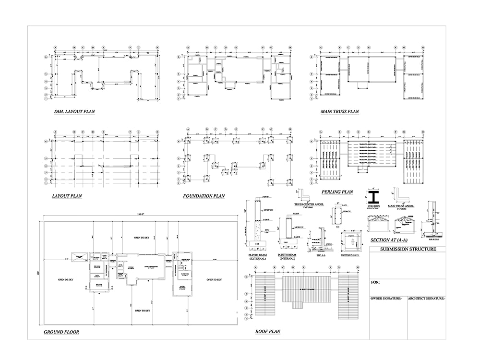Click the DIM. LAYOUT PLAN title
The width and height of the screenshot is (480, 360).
point(74,112)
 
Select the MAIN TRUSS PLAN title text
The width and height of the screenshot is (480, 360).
point(340,112)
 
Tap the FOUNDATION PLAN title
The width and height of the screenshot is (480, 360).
point(204,196)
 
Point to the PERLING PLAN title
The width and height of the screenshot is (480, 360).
point(337,192)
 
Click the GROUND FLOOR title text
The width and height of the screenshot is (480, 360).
point(61,332)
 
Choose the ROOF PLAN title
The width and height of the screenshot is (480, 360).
point(268,331)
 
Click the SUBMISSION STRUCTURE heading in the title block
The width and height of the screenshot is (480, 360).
point(408,249)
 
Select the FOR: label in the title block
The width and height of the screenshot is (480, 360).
point(375,282)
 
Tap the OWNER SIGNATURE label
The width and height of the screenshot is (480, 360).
point(386,299)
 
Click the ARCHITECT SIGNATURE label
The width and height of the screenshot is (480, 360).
point(426,299)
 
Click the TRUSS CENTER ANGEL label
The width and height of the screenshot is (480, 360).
point(309,204)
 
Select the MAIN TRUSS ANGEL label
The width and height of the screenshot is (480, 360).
point(402,206)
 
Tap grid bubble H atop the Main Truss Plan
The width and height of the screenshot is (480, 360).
point(422,48)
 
